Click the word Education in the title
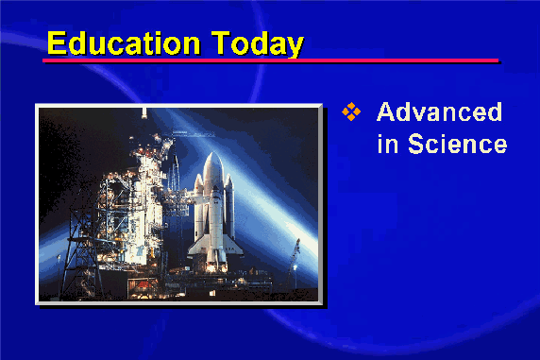tap(124, 43)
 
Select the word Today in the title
tap(258, 43)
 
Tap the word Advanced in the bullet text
tap(439, 111)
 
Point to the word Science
tap(457, 143)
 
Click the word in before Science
tap(388, 143)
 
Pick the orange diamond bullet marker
tap(351, 111)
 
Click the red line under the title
tap(270, 60)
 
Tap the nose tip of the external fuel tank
tap(212, 153)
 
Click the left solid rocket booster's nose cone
tap(198, 180)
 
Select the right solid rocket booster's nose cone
tap(229, 180)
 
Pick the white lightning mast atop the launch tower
tap(143, 113)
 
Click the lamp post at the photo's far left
tap(59, 272)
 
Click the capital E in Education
tap(56, 43)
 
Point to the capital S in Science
tap(415, 143)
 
